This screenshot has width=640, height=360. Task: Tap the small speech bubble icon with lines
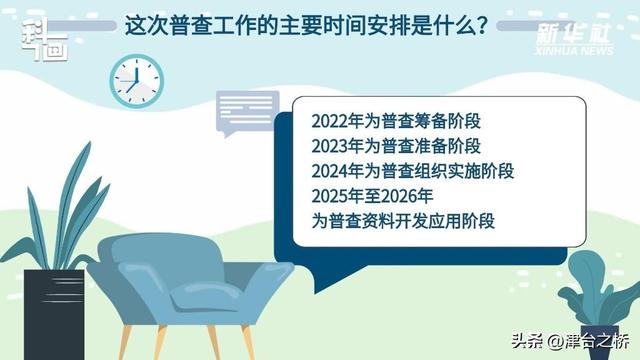pos(242,114)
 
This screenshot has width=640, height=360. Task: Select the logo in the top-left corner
pos(44,38)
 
